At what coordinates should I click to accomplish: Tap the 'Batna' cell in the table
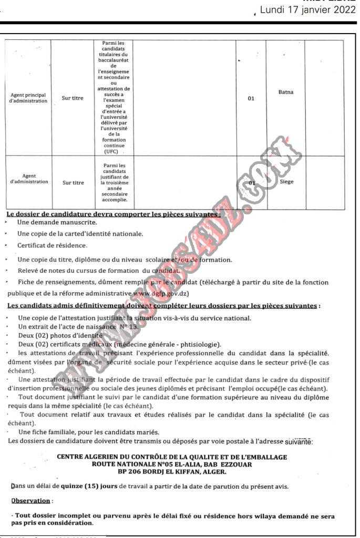click(286, 92)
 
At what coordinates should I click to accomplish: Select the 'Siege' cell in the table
click(286, 182)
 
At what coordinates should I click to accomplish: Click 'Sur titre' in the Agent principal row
click(73, 98)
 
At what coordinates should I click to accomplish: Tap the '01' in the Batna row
click(251, 98)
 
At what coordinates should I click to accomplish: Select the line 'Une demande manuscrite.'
click(57, 223)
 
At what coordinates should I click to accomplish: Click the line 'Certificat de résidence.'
click(52, 245)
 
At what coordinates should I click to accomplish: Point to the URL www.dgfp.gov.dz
click(162, 294)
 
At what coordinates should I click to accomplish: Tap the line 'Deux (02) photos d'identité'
click(60, 335)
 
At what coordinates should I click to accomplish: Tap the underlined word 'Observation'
click(32, 501)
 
